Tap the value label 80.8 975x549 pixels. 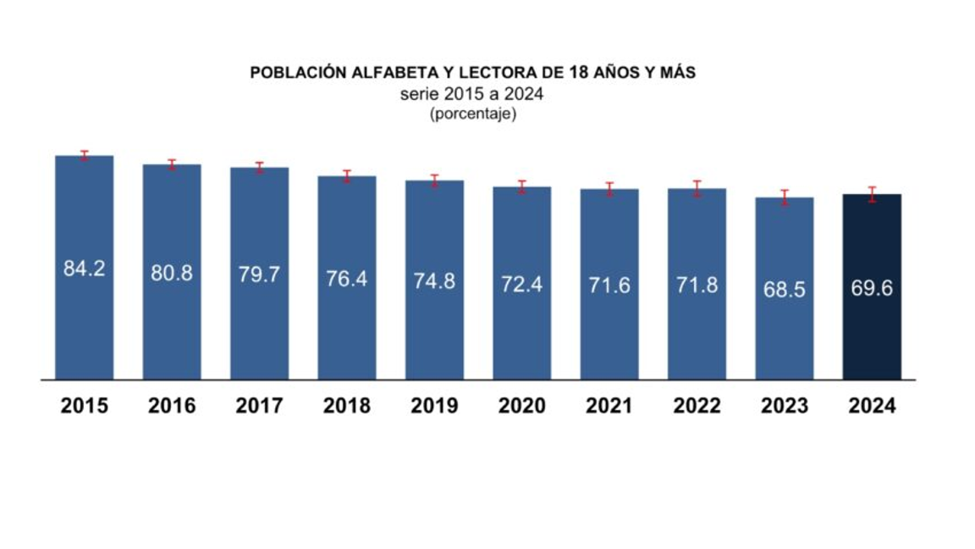pyautogui.click(x=172, y=274)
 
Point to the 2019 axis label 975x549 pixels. pyautogui.click(x=434, y=406)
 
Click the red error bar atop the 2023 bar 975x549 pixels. pyautogui.click(x=785, y=197)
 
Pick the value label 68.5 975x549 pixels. pyautogui.click(x=785, y=290)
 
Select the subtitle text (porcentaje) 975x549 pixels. pyautogui.click(x=473, y=114)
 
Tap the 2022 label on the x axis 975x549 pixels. pyautogui.click(x=697, y=406)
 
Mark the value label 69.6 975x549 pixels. pyautogui.click(x=872, y=288)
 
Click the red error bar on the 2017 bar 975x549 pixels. pyautogui.click(x=259, y=167)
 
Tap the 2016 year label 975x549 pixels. pyautogui.click(x=172, y=406)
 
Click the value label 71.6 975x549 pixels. pyautogui.click(x=609, y=285)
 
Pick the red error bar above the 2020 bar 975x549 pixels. pyautogui.click(x=522, y=186)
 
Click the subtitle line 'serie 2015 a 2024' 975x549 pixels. pyautogui.click(x=471, y=94)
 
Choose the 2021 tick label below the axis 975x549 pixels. pyautogui.click(x=609, y=406)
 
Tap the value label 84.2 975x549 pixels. pyautogui.click(x=84, y=269)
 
